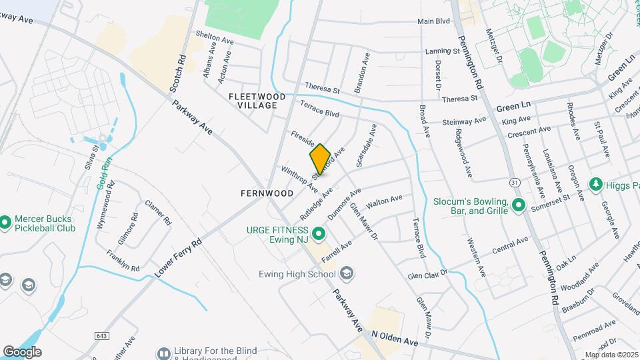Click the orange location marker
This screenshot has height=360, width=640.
click(320, 159)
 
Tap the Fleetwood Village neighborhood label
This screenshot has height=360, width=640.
click(257, 101)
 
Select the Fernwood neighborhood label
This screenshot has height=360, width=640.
click(267, 193)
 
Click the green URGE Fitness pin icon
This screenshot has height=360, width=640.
click(319, 233)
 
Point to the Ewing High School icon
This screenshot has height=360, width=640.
click(346, 273)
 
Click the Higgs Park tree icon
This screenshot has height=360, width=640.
click(595, 183)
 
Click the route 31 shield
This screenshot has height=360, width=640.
click(513, 181)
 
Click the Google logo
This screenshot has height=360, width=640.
click(21, 351)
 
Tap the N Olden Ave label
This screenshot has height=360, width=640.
click(394, 338)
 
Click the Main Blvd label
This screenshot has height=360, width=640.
click(433, 22)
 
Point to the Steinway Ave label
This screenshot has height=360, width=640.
click(465, 121)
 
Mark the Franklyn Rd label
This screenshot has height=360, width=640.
click(123, 261)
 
